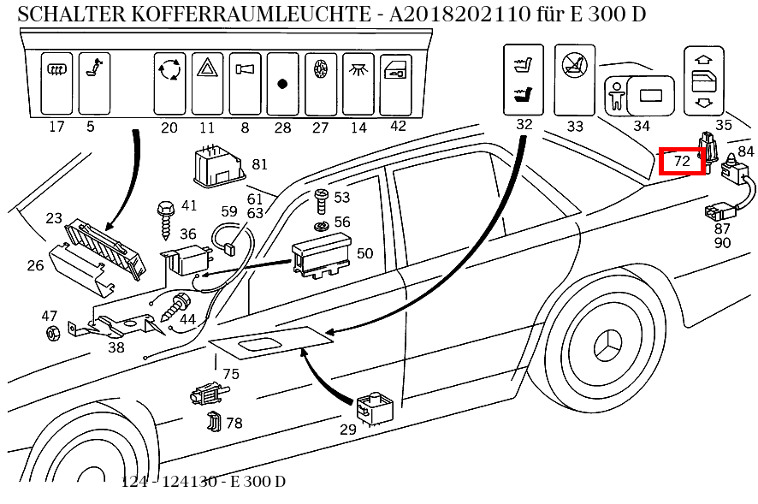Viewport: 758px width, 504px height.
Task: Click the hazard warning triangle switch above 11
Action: [207, 84]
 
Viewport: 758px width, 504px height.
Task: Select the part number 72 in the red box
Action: [682, 160]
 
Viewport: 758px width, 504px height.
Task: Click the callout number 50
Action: [364, 253]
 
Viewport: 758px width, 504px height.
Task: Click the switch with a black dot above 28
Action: [281, 84]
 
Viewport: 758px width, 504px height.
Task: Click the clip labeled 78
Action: [214, 422]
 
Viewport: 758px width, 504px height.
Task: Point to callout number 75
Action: [231, 373]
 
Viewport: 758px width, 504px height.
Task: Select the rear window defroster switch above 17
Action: [56, 82]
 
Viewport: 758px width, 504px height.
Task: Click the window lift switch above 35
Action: [704, 80]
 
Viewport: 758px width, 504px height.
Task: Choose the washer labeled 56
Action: [320, 226]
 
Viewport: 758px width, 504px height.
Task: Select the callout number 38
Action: [115, 347]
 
